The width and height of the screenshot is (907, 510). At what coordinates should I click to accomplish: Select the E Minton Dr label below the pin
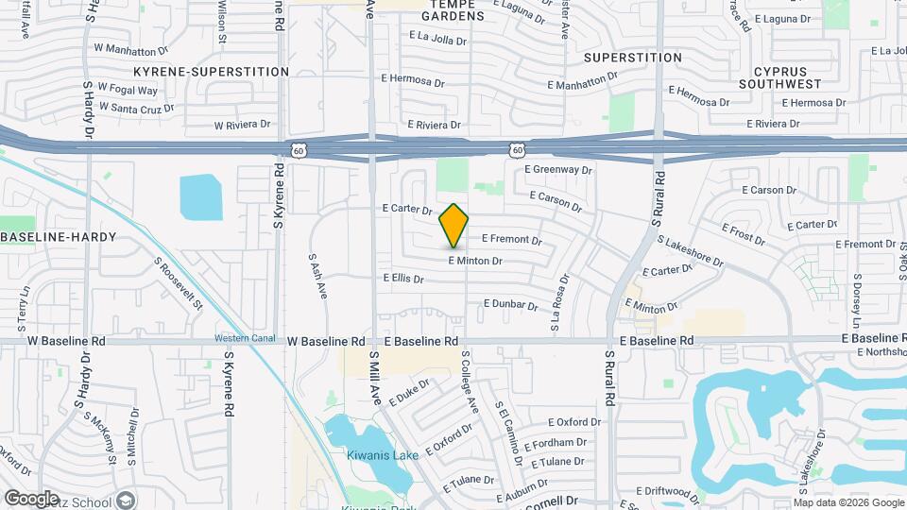point(474,261)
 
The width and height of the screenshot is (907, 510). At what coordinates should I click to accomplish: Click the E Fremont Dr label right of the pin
point(512,240)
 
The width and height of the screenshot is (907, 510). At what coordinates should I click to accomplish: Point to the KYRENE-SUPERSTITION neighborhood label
point(212,72)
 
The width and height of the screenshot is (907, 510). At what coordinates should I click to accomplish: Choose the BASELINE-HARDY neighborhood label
point(59,236)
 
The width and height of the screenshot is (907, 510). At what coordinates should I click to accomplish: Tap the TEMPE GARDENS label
point(453,10)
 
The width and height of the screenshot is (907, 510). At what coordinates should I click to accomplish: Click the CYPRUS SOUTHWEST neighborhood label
point(788,77)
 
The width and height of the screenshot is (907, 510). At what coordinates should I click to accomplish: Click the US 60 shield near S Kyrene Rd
point(299,150)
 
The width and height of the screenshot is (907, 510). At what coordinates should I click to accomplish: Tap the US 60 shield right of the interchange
point(516,150)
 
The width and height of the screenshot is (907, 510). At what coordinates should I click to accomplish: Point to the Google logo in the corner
point(32,498)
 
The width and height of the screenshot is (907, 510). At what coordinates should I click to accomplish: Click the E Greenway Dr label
point(558,170)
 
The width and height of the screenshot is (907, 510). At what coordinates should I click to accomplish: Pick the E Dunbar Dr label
point(510,304)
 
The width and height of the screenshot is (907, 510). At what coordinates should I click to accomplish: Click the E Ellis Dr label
point(403,279)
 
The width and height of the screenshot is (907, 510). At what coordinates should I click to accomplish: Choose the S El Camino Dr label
point(508,430)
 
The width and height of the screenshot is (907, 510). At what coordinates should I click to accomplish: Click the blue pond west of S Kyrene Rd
point(199,195)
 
